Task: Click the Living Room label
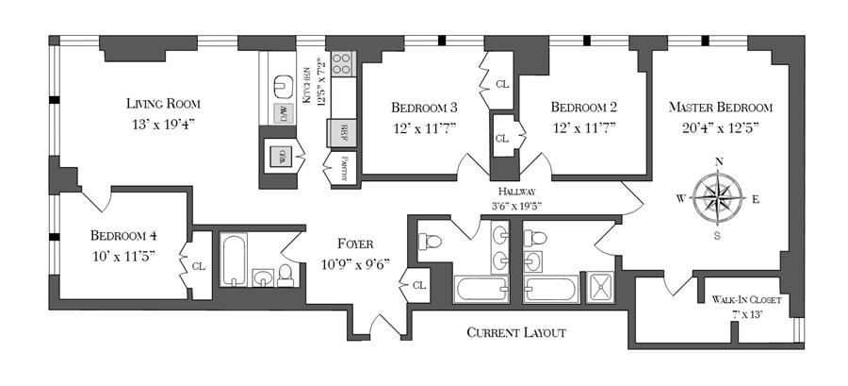click(163, 104)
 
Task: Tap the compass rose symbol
click(719, 197)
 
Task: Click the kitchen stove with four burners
click(343, 65)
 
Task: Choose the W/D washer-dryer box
click(280, 155)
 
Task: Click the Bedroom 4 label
click(123, 235)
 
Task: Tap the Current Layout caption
click(516, 333)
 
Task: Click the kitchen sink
click(282, 86)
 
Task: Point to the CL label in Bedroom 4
click(198, 266)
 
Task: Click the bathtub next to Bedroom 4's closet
click(233, 260)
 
